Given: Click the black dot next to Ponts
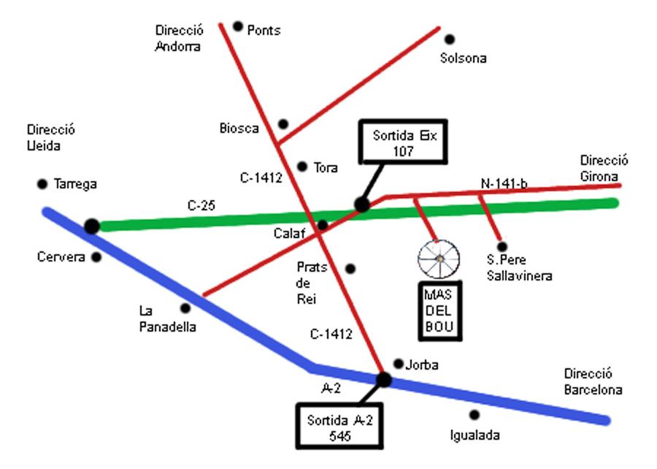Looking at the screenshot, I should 238,26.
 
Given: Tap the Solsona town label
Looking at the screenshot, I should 463,58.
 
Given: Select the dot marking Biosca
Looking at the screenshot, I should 283,124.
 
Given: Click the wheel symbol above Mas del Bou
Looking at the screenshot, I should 439,258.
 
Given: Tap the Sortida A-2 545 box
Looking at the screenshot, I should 339,427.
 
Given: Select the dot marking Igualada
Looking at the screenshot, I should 474,415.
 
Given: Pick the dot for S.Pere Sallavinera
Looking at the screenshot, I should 502,247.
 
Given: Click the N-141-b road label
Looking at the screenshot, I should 504,184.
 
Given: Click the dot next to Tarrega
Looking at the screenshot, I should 42,184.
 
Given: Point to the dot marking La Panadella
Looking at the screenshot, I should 185,308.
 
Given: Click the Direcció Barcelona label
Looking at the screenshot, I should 593,382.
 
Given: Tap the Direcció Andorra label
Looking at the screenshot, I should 179,38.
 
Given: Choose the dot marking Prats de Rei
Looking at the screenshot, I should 350,269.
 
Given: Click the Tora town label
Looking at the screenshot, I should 326,168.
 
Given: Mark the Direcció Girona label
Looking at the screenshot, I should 604,168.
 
